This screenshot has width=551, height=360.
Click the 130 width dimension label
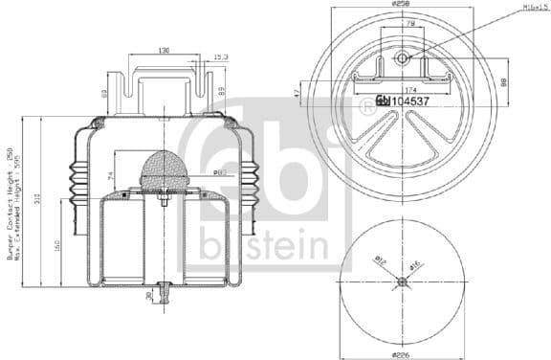pyautogui.click(x=165, y=51)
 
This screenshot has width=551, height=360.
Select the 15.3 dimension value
pyautogui.click(x=220, y=57)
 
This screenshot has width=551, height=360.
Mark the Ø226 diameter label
pyautogui.click(x=402, y=352)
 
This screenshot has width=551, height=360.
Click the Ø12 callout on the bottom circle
pyautogui.click(x=380, y=260)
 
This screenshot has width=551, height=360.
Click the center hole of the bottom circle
pyautogui.click(x=402, y=281)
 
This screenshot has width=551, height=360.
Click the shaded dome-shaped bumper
pyautogui.click(x=165, y=170)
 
